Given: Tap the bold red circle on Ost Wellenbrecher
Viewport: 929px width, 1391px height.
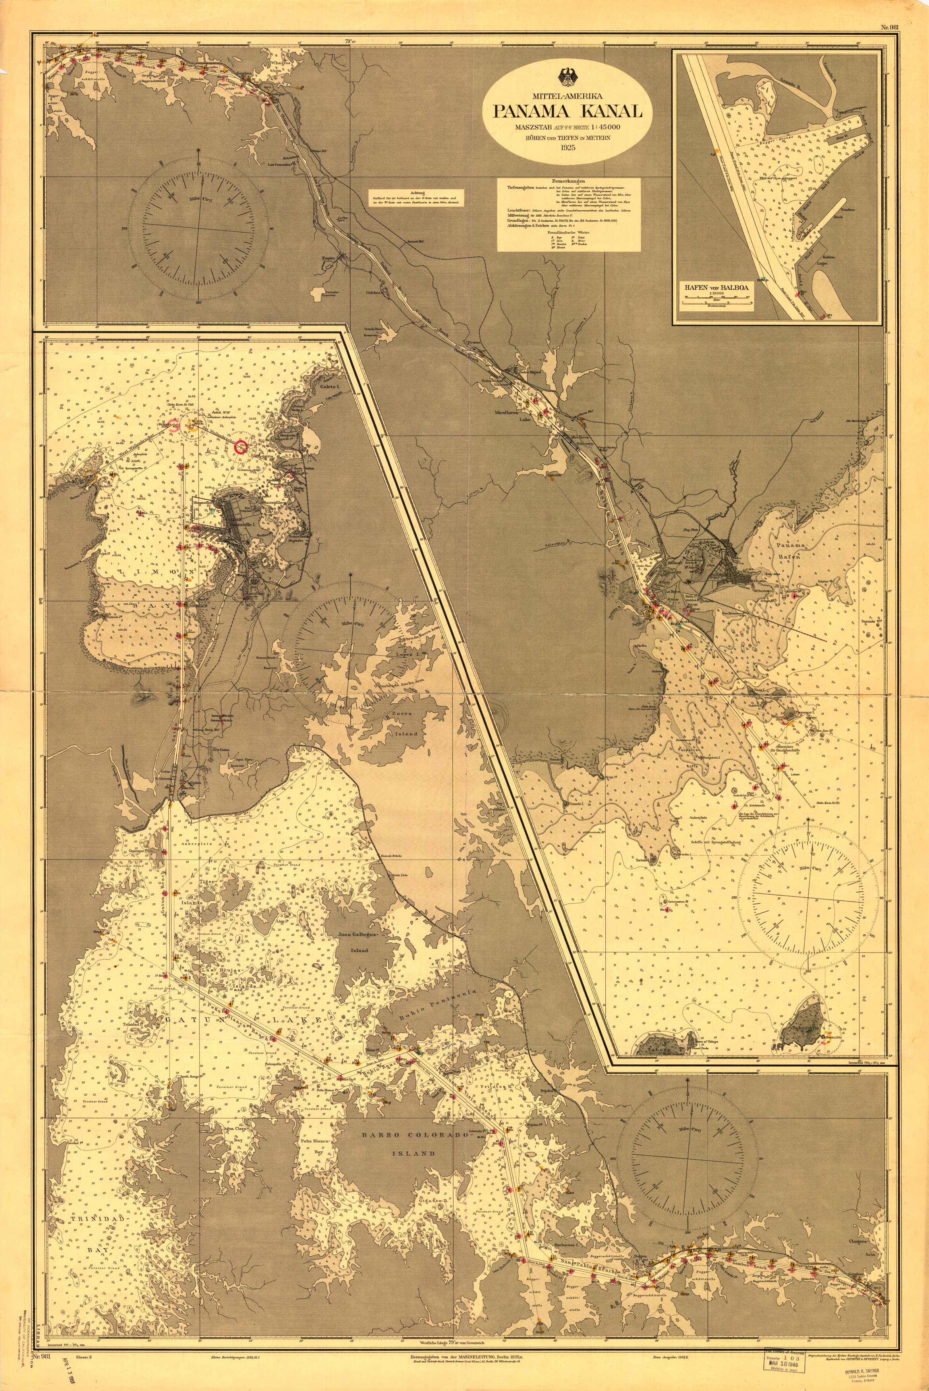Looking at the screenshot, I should [240, 448].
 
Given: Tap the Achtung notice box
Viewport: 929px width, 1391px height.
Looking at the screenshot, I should [414, 198].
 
